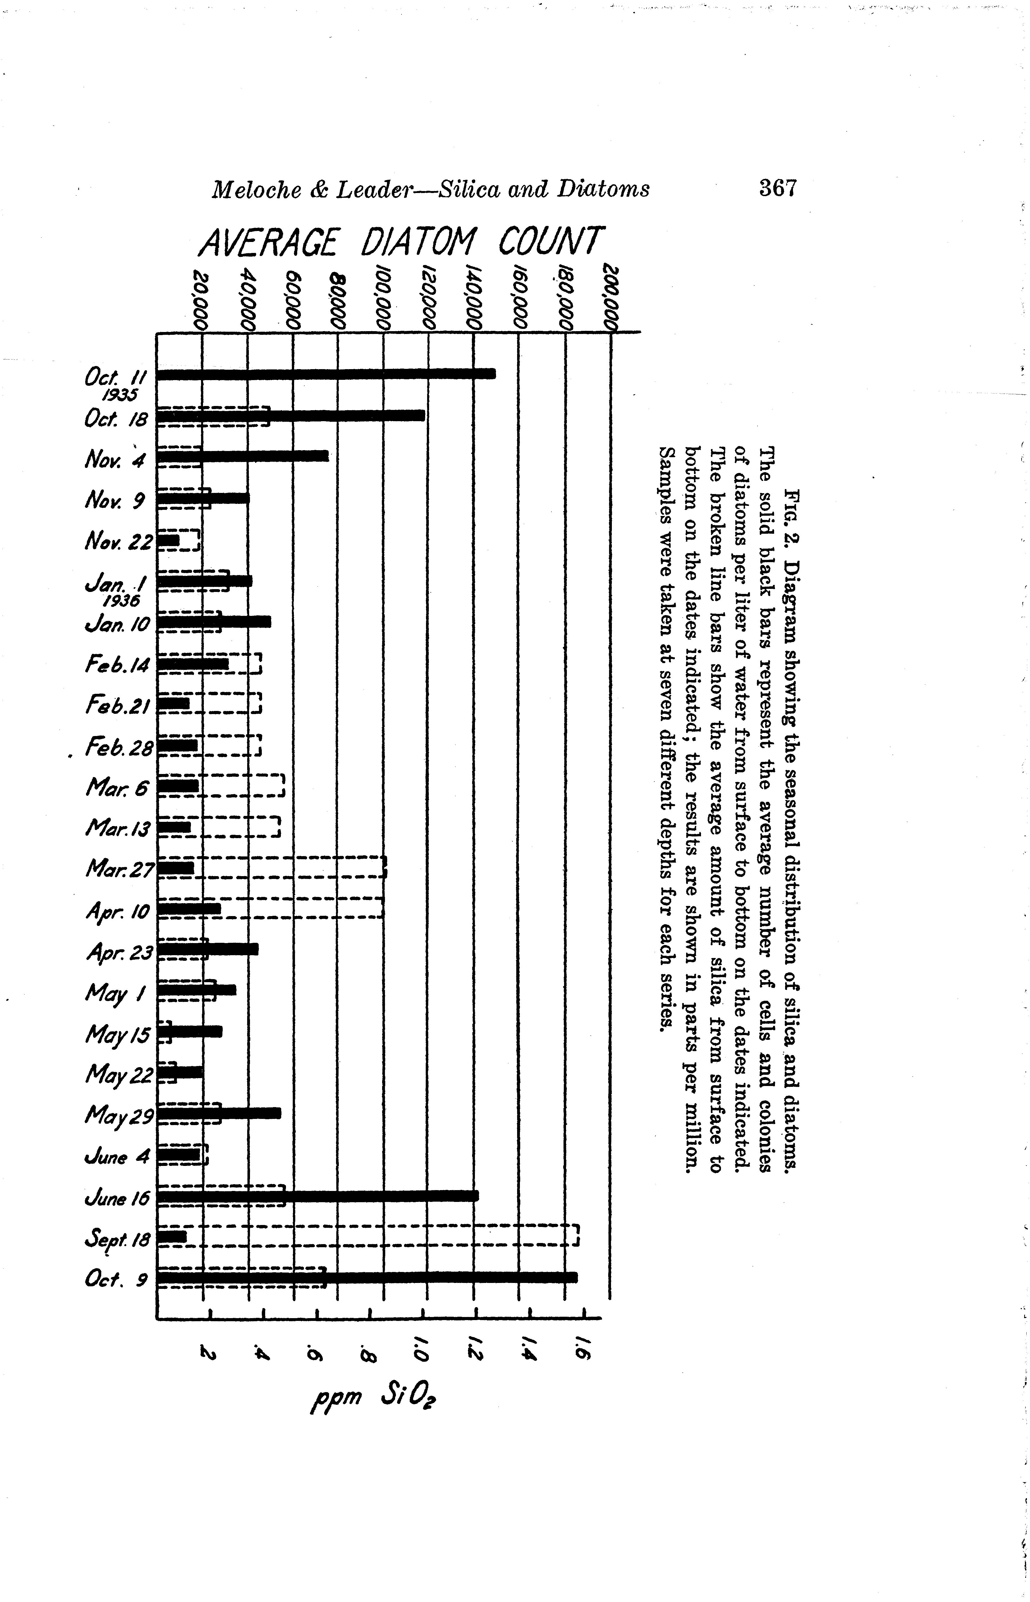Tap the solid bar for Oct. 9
(x=366, y=1277)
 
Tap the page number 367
(x=778, y=189)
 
